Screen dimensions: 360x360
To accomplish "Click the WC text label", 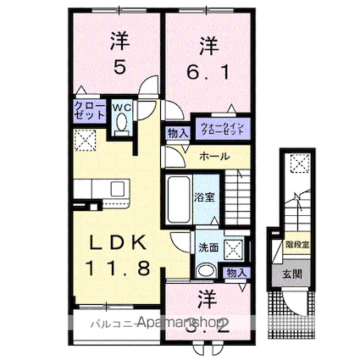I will tap(122, 108).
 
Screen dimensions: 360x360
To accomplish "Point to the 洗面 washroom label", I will tap(208, 247).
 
